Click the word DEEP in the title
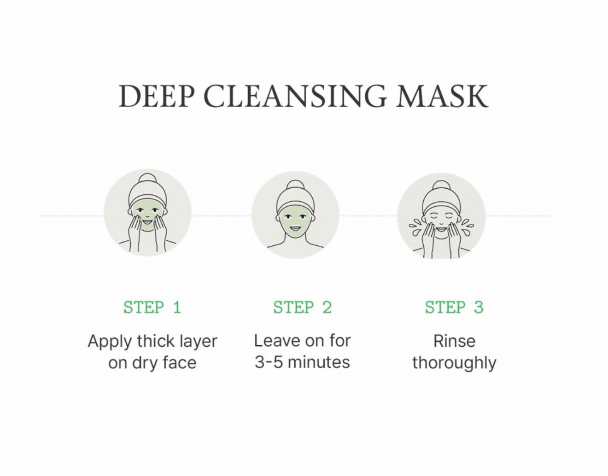point(156,96)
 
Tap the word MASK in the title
point(442,96)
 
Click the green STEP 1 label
point(152,308)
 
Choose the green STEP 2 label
point(303,308)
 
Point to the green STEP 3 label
point(454,308)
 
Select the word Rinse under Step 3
point(455,341)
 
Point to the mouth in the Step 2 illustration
point(295,228)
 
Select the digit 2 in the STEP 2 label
point(327,308)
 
